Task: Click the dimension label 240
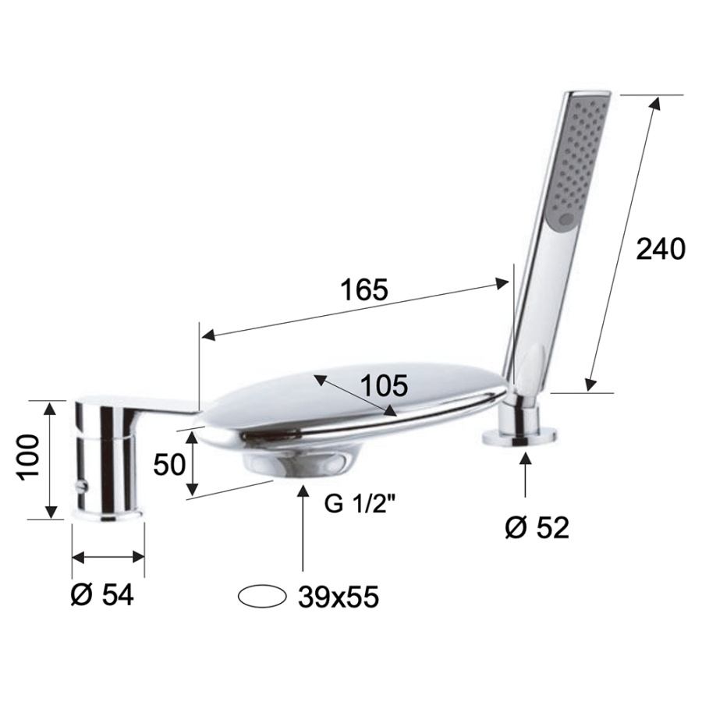[661, 249]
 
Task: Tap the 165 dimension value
[363, 289]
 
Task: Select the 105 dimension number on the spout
[384, 385]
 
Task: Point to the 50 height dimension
[168, 464]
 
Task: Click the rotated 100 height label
[28, 458]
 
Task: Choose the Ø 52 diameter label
[537, 528]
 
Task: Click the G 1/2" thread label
[360, 505]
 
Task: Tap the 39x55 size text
[339, 597]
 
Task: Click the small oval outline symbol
[262, 597]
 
